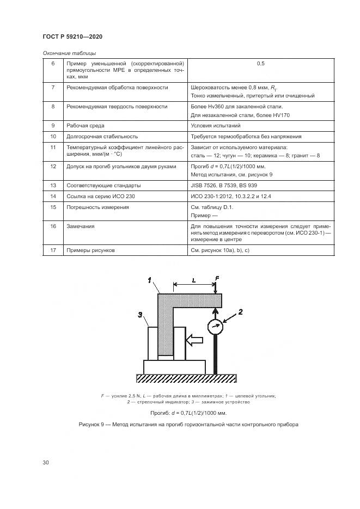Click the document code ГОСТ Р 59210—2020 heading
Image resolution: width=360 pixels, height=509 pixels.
pos(72,36)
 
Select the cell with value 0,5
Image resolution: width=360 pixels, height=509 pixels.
pos(260,64)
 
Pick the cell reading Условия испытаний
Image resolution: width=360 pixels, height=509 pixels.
pos(215,126)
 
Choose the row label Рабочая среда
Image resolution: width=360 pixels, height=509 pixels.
pos(86,126)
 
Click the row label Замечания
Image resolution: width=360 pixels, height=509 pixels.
pos(80,225)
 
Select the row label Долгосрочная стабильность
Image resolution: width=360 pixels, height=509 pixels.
pos(101,137)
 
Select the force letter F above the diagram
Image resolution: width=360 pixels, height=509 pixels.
pos(217,278)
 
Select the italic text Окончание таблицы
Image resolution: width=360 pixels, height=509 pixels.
pos(69,53)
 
